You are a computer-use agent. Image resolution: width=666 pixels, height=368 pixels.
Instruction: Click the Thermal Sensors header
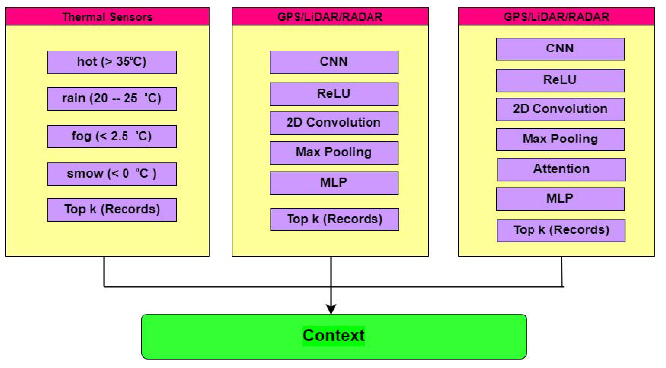[107, 16]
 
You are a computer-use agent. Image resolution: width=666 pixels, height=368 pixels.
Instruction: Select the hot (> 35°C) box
[112, 62]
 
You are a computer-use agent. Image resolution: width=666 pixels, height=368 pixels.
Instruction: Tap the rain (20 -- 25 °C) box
[112, 99]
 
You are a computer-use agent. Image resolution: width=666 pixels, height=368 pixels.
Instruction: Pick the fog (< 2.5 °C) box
[112, 136]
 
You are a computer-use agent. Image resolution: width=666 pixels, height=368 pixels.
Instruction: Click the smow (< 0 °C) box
[112, 174]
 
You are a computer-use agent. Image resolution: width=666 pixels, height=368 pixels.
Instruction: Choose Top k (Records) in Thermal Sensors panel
[112, 209]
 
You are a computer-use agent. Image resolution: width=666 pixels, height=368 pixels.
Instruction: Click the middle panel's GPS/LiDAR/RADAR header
[330, 16]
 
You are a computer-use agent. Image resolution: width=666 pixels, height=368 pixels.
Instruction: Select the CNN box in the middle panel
[334, 62]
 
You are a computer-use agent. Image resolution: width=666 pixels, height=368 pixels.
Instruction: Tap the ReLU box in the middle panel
[334, 94]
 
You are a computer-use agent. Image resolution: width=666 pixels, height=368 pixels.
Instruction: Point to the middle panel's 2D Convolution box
[334, 123]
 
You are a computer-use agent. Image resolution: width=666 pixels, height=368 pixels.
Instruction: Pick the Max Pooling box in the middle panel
[334, 152]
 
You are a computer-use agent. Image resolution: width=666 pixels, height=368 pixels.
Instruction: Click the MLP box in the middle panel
[334, 183]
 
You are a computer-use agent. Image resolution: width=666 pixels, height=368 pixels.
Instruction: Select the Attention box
[562, 169]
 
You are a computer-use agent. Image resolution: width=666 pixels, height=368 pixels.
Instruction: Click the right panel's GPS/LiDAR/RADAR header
[556, 16]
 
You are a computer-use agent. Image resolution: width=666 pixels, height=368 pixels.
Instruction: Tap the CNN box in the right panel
[560, 49]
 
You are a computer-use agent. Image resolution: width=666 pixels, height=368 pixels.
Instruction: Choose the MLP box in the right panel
[560, 199]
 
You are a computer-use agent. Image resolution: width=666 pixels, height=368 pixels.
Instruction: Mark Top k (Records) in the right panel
[561, 230]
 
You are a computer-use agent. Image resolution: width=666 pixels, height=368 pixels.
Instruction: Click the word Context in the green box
[333, 336]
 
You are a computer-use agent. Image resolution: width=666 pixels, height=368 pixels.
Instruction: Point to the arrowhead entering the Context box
[331, 309]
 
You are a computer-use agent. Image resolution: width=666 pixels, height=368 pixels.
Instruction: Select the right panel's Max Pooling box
[560, 139]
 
